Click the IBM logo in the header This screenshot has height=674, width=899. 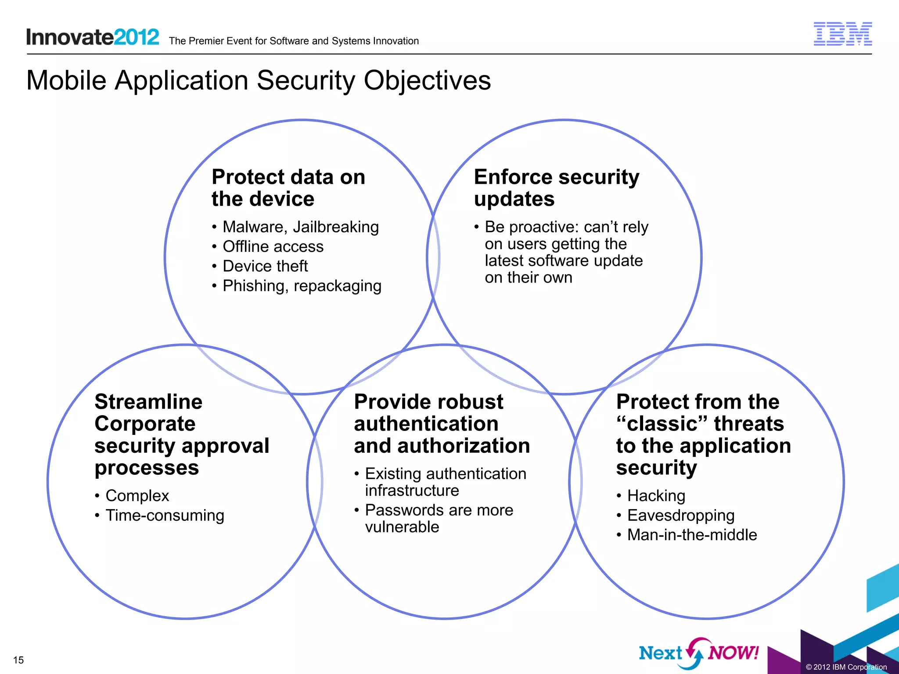click(x=842, y=34)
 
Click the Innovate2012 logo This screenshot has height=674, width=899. click(x=93, y=37)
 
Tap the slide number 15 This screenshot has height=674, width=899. click(x=18, y=660)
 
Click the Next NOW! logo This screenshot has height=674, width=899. click(x=698, y=653)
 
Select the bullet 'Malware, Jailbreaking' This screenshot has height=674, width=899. click(x=300, y=227)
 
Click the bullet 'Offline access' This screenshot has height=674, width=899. click(x=273, y=247)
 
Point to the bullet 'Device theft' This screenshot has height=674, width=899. click(x=265, y=266)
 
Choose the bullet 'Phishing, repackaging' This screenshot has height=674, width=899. click(x=302, y=286)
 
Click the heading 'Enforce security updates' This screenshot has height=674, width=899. click(x=556, y=188)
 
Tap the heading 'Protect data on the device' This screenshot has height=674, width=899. click(x=288, y=188)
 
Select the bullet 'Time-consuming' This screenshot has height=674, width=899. click(x=165, y=515)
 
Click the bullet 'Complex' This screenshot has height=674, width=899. click(x=137, y=496)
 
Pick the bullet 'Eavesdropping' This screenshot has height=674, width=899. click(x=680, y=515)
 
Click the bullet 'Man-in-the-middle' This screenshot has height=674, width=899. click(x=692, y=535)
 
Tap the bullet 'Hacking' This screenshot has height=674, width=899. click(x=656, y=496)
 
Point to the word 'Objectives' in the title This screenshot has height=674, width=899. click(x=427, y=81)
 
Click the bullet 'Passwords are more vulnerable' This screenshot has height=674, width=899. click(x=439, y=518)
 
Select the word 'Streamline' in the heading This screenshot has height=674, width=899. click(x=148, y=402)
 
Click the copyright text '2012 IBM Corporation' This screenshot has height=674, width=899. click(x=849, y=667)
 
